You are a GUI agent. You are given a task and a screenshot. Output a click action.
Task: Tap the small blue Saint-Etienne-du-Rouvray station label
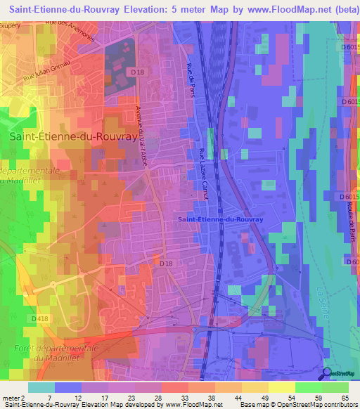tap(220, 220)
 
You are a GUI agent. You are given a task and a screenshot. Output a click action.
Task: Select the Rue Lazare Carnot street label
tap(203, 174)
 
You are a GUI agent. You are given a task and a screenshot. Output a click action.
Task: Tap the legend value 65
tap(345, 398)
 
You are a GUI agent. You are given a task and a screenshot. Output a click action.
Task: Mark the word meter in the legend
tap(9, 398)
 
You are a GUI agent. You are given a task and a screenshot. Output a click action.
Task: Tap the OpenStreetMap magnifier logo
tap(327, 373)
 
